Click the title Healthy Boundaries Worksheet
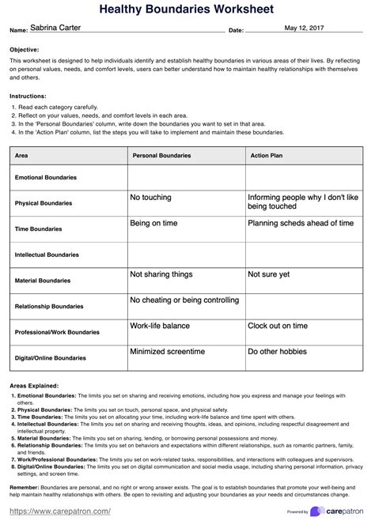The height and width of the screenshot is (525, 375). (187, 9)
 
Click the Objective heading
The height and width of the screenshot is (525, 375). (25, 49)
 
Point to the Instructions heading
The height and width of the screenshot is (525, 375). (28, 95)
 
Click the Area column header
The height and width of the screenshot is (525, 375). (22, 156)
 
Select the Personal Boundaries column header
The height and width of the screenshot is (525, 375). (161, 156)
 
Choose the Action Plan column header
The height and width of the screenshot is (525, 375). (267, 156)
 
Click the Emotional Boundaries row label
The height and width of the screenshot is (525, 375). (46, 177)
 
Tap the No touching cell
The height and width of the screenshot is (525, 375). (151, 197)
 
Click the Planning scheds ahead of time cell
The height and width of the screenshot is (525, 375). (301, 223)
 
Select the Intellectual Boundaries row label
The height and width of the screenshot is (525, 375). (47, 255)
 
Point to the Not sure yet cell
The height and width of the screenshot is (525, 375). (269, 274)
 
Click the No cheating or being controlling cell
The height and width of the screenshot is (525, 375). (184, 300)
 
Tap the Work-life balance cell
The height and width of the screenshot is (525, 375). (160, 326)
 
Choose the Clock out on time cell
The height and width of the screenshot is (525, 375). (278, 326)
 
